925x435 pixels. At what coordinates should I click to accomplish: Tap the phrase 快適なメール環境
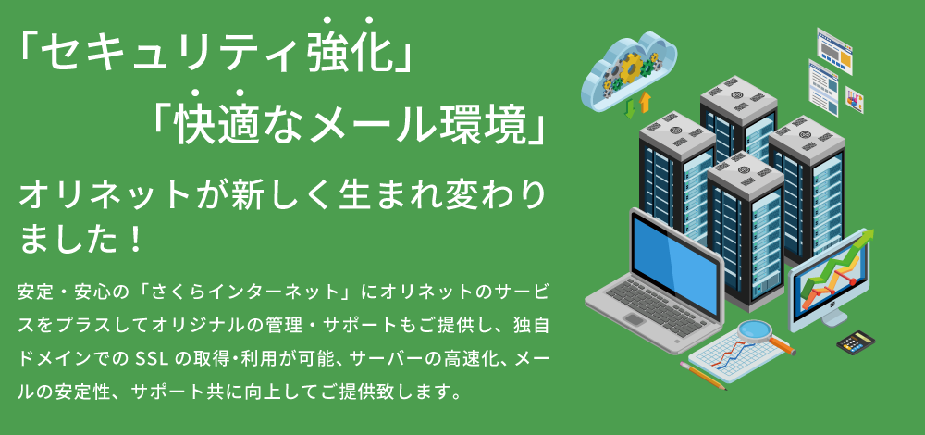[x=348, y=126]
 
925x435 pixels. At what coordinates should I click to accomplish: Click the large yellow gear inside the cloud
[x=629, y=68]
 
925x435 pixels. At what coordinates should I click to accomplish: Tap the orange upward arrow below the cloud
[x=645, y=102]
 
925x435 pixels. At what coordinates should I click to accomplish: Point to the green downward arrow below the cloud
[x=631, y=108]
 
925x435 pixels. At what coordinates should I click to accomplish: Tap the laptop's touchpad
[x=635, y=320]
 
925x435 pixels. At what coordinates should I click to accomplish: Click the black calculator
[x=856, y=342]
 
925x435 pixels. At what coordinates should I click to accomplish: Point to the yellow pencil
[x=703, y=376]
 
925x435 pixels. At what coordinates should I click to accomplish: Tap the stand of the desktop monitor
[x=834, y=317]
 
